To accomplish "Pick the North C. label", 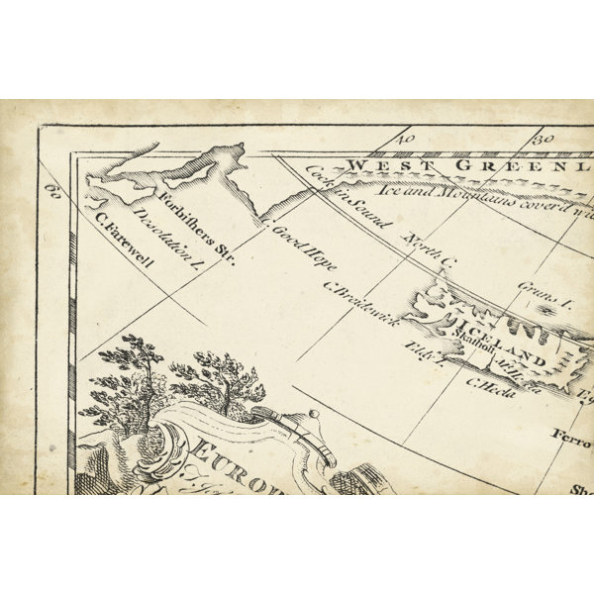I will (430, 249).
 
